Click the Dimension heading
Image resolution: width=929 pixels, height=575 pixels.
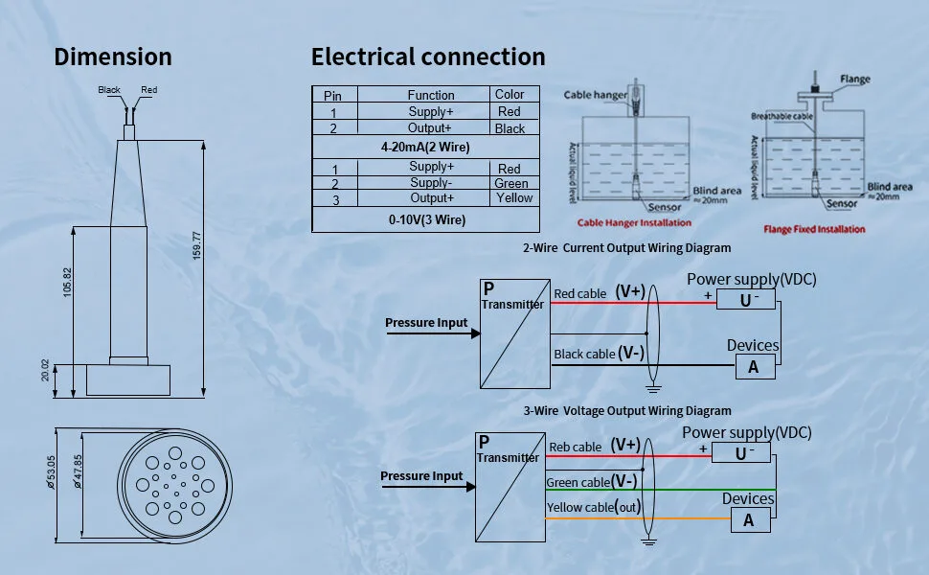click(x=113, y=57)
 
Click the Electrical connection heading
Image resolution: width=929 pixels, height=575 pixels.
click(x=428, y=57)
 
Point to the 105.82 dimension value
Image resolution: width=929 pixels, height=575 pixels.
click(x=68, y=281)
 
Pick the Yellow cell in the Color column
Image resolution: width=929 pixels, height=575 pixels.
click(x=514, y=198)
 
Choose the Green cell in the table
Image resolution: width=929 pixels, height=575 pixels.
click(x=511, y=183)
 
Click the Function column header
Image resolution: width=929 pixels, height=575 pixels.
click(x=431, y=95)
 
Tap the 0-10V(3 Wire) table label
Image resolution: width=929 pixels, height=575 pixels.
click(x=427, y=219)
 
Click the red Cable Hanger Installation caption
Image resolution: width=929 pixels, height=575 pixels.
click(x=634, y=223)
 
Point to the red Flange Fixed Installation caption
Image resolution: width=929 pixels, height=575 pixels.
click(x=814, y=229)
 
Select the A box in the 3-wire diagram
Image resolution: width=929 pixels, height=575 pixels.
click(x=749, y=520)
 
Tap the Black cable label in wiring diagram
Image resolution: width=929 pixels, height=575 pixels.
click(x=584, y=355)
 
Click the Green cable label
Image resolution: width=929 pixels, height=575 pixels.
click(x=578, y=483)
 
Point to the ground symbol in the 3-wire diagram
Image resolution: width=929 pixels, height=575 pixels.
click(x=648, y=541)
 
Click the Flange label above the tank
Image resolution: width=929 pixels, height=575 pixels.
click(x=855, y=79)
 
